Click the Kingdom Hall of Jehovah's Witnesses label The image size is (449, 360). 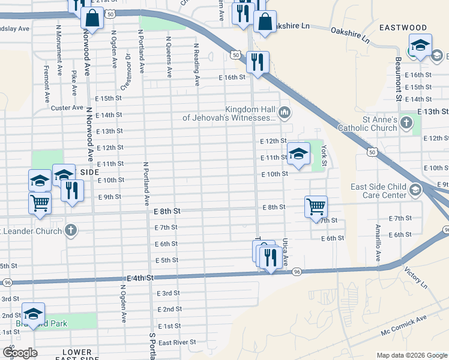pyautogui.click(x=229, y=113)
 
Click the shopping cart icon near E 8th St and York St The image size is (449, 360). pyautogui.click(x=316, y=206)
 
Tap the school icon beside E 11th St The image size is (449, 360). pyautogui.click(x=298, y=154)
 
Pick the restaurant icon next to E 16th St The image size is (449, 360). pyautogui.click(x=258, y=62)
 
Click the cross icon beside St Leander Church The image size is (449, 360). pyautogui.click(x=71, y=230)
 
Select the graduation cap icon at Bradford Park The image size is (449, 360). pyautogui.click(x=33, y=314)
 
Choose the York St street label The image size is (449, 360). pyautogui.click(x=324, y=155)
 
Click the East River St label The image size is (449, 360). pyautogui.click(x=178, y=342)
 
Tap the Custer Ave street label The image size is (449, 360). pyautogui.click(x=67, y=107)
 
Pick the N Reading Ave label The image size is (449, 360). pyautogui.click(x=196, y=63)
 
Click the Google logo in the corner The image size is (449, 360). pyautogui.click(x=20, y=353)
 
